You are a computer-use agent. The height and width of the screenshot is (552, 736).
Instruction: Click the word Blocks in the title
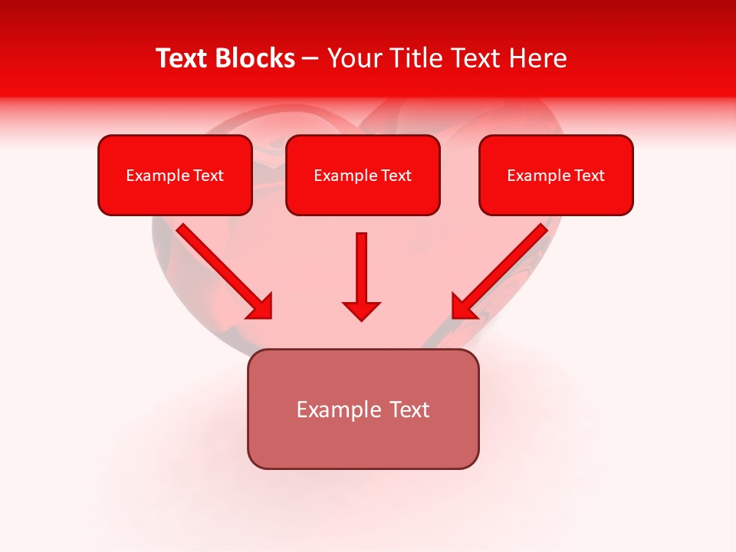pos(257,58)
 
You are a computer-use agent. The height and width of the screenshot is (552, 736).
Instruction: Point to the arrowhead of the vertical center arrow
pos(361,310)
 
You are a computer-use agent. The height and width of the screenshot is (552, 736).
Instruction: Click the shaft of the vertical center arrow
pos(361,264)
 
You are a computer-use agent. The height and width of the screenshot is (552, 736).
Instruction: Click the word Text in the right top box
pos(590,176)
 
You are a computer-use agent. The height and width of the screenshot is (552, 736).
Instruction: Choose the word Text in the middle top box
pos(396,176)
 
